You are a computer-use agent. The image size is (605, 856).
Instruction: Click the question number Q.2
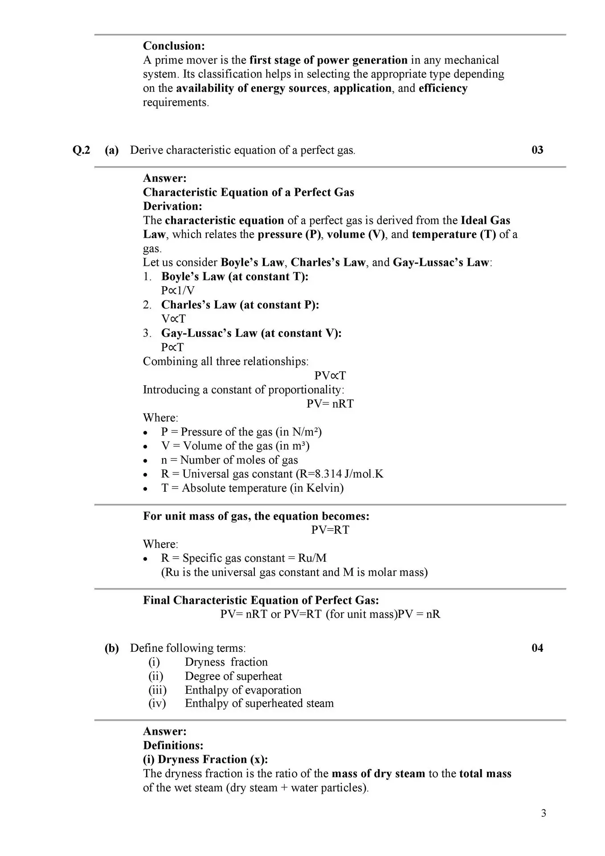[81, 150]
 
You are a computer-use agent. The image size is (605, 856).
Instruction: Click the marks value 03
[537, 150]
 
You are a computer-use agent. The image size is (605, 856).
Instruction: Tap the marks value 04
[537, 648]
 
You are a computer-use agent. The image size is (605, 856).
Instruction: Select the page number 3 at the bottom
[544, 814]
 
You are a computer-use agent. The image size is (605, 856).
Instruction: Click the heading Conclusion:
[174, 46]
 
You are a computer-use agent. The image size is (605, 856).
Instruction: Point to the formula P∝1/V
[178, 291]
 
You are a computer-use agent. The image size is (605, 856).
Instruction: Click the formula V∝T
[173, 319]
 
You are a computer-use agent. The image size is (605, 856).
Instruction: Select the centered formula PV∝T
[330, 375]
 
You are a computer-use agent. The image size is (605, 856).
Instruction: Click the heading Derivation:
[172, 206]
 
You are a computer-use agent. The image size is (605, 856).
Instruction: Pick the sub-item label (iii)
[157, 690]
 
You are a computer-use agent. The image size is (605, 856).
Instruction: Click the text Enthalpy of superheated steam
[259, 704]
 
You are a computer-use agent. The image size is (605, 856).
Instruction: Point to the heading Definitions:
[173, 745]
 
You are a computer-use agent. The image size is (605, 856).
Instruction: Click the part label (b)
[112, 648]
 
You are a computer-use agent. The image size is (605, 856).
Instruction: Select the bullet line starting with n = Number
[229, 460]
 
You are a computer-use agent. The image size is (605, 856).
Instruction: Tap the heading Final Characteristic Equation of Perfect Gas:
[261, 601]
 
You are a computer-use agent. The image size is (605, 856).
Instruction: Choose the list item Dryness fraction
[226, 663]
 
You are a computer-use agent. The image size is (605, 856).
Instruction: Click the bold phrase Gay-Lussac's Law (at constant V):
[251, 333]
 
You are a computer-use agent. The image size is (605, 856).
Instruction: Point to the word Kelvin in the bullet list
[323, 488]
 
